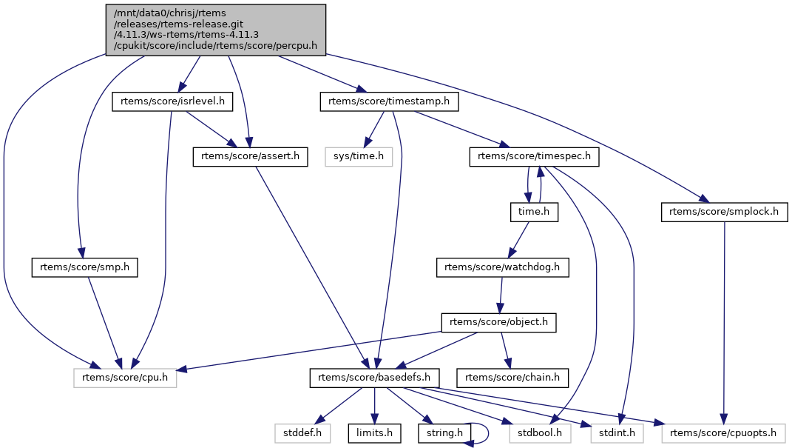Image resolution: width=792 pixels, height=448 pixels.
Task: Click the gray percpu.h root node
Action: (215, 29)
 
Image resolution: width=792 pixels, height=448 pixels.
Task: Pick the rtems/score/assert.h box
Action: (250, 156)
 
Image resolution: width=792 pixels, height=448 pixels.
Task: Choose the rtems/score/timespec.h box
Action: (534, 156)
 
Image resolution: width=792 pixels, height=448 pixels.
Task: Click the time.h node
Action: (534, 212)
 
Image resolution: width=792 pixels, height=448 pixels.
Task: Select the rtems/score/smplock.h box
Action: (724, 212)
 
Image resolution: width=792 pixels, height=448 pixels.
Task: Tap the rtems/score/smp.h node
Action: (85, 267)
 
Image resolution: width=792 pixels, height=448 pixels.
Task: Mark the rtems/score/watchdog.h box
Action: (503, 267)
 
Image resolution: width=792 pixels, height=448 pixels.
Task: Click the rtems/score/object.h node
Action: (498, 323)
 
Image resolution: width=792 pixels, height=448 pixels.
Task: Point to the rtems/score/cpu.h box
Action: (125, 378)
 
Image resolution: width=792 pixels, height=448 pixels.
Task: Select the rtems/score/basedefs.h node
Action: (374, 378)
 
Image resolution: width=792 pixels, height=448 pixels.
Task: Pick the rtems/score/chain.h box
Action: (512, 378)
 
